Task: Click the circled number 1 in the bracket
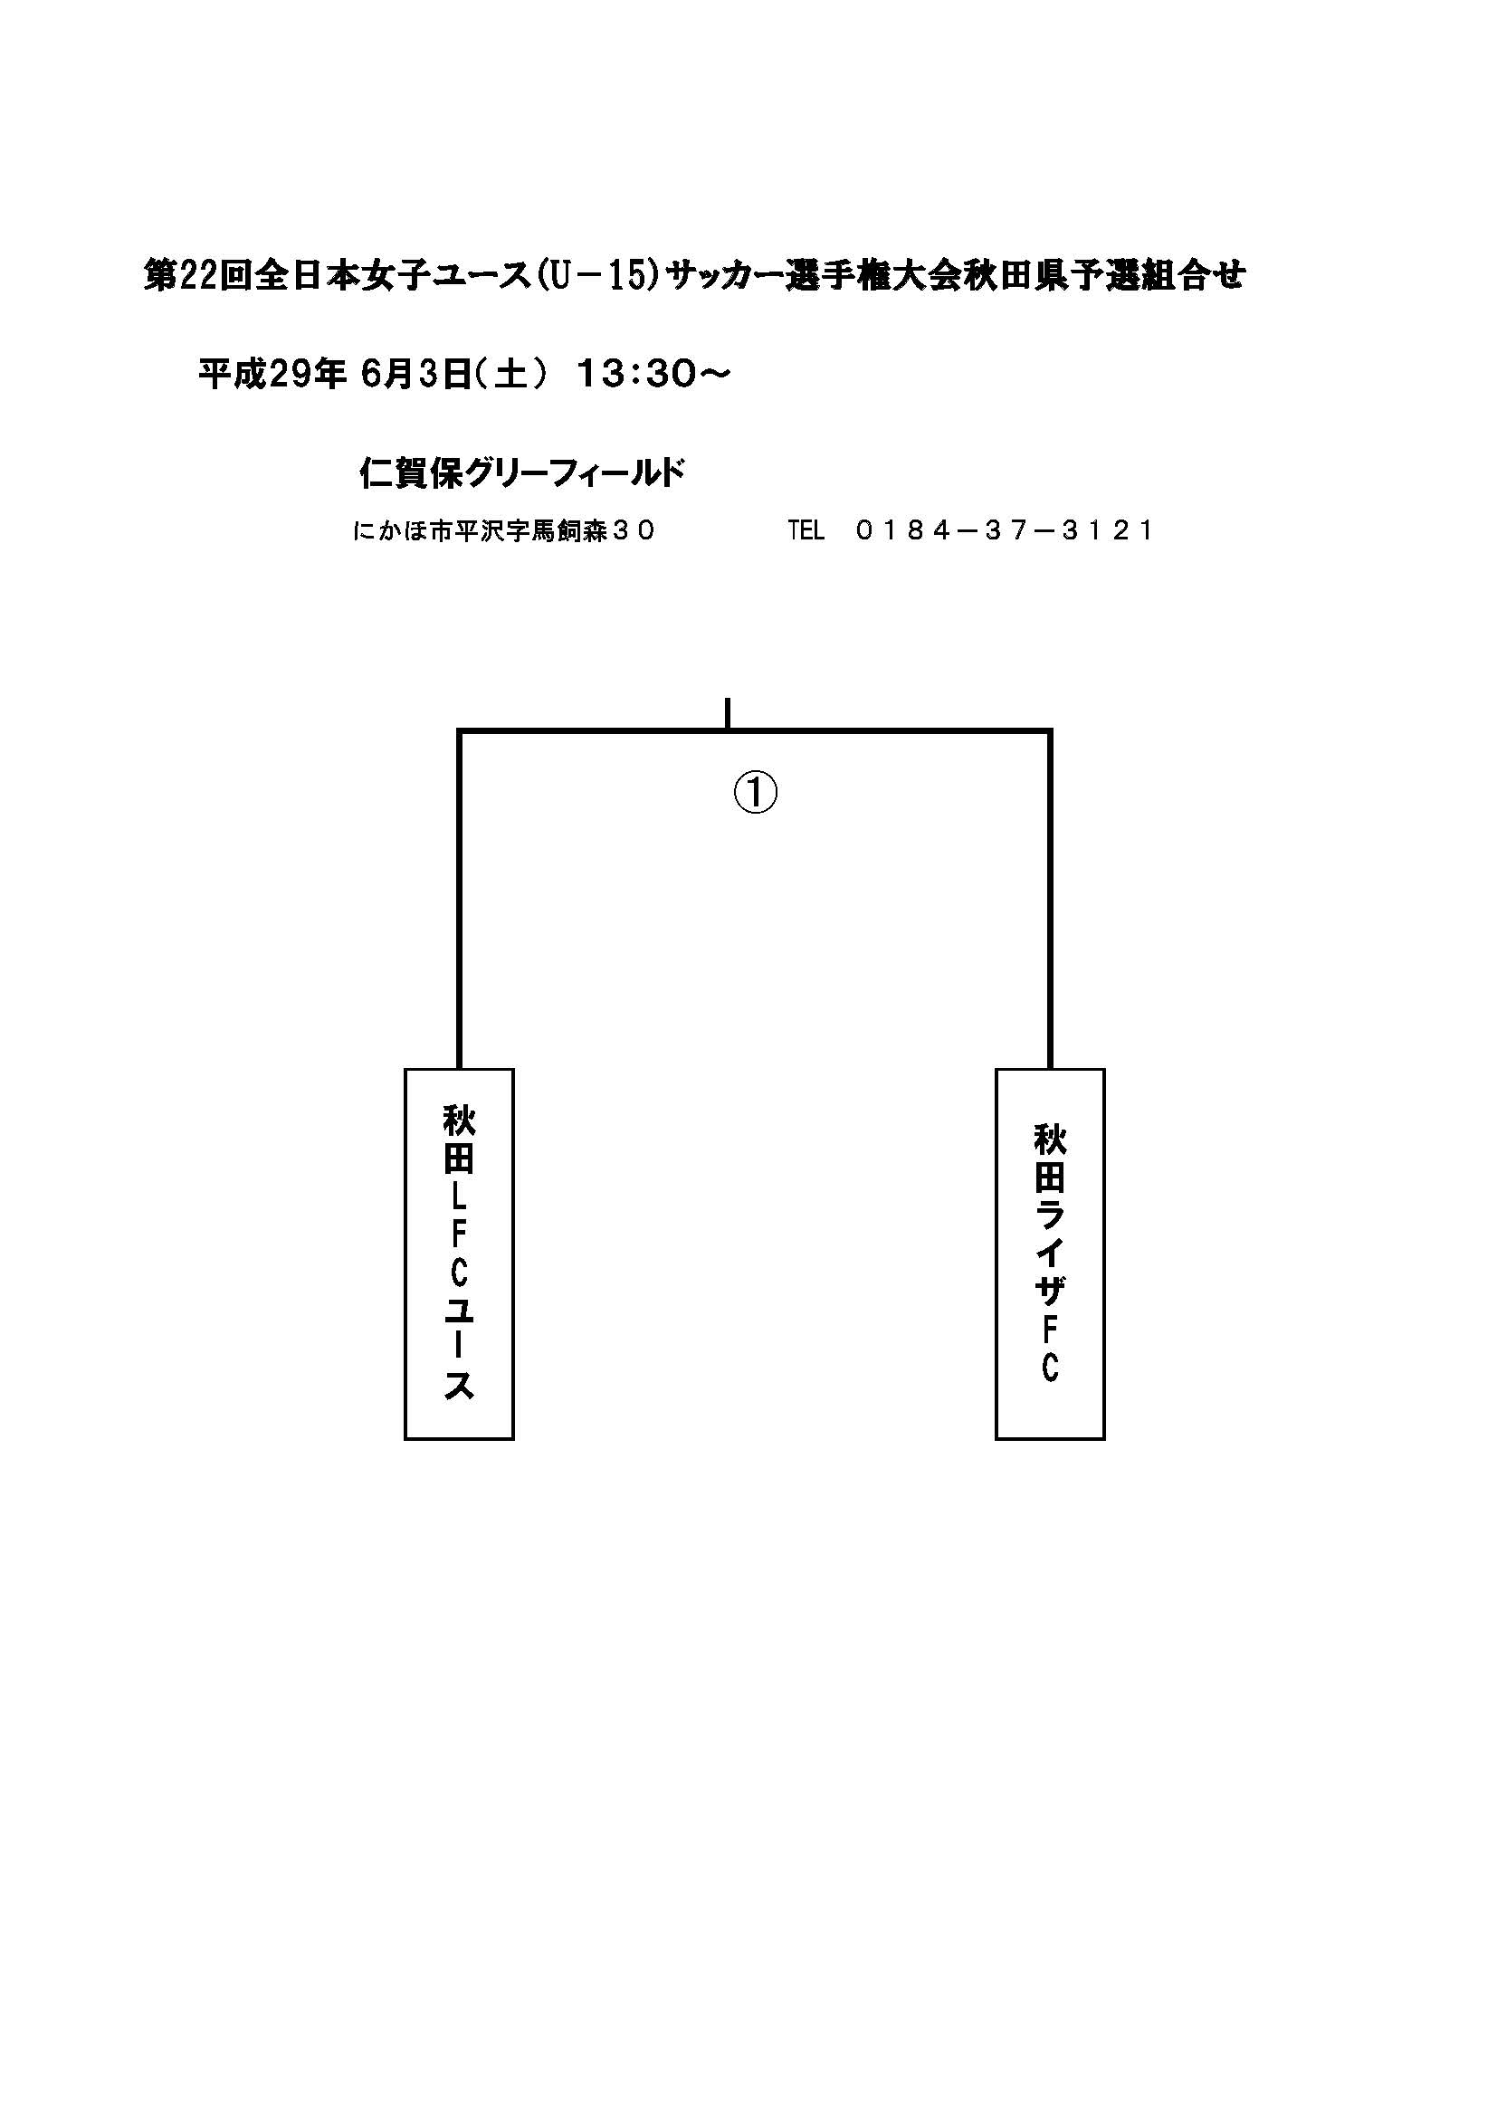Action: click(755, 793)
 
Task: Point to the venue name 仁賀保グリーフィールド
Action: click(521, 474)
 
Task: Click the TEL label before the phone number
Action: click(806, 531)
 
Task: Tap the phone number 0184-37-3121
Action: click(1004, 531)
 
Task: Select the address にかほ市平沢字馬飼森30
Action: click(503, 531)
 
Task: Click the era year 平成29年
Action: click(272, 375)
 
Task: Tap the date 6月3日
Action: click(416, 375)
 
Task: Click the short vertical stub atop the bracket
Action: click(728, 713)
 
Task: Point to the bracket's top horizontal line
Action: click(755, 732)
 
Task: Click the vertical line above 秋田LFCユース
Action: click(459, 900)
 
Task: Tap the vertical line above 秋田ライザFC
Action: click(1050, 900)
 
